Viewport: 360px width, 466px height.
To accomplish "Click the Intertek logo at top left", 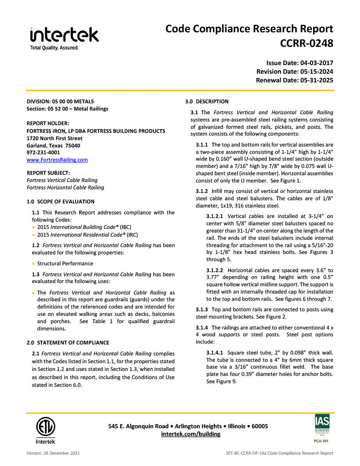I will click(64, 37).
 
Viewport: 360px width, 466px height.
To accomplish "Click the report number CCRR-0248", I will click(307, 44).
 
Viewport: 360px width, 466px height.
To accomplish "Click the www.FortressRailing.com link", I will click(57, 160).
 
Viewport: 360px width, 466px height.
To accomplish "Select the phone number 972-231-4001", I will click(43, 152).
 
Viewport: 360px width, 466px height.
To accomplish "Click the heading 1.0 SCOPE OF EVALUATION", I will click(61, 202).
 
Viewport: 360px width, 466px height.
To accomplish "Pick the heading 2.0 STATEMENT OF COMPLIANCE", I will click(68, 343).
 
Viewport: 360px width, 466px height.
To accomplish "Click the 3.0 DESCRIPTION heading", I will click(207, 101).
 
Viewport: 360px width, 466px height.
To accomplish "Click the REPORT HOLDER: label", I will click(48, 123).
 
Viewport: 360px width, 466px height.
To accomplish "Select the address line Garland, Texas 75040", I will click(53, 145).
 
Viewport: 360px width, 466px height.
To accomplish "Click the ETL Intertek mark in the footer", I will click(46, 430).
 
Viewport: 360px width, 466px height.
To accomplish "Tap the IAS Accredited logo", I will click(322, 428).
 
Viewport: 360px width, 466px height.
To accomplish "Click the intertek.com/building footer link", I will click(191, 434).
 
